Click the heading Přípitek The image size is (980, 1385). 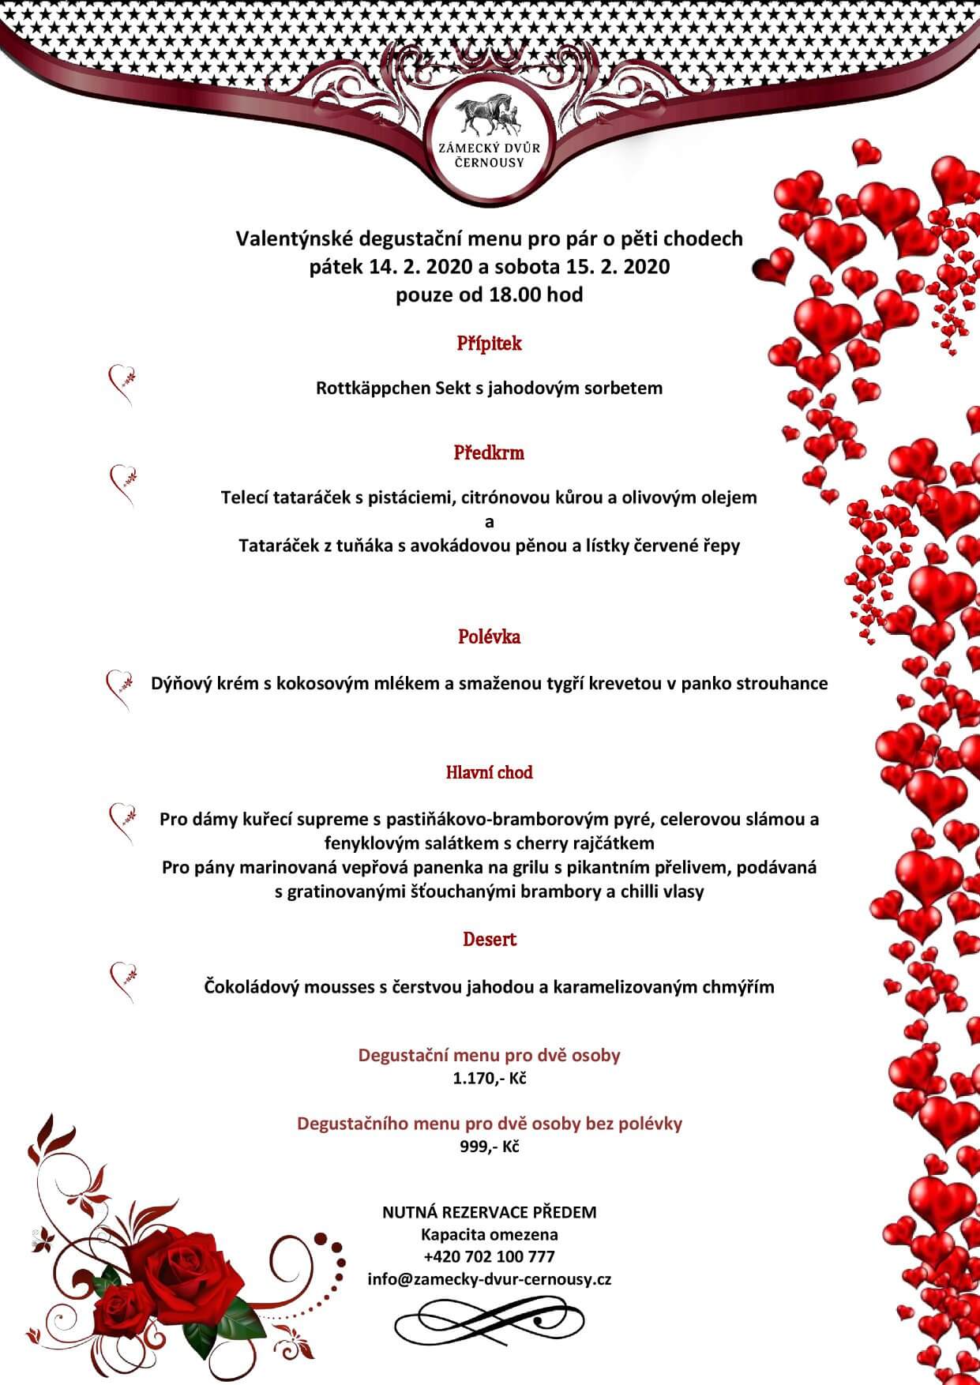coord(489,343)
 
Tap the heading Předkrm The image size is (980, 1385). coord(489,452)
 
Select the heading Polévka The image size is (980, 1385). coord(489,636)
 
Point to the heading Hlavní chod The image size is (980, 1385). coord(489,772)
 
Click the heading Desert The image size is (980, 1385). coord(489,939)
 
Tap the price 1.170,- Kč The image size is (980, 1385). coord(489,1078)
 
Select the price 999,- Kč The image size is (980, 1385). coord(489,1147)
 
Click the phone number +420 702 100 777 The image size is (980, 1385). coord(489,1256)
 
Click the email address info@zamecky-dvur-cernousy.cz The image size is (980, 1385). coord(489,1279)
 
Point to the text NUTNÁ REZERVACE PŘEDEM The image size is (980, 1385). coord(489,1211)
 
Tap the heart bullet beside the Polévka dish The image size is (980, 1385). coord(118,687)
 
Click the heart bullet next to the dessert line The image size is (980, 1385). coord(122,979)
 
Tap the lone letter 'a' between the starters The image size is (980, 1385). coord(489,521)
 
